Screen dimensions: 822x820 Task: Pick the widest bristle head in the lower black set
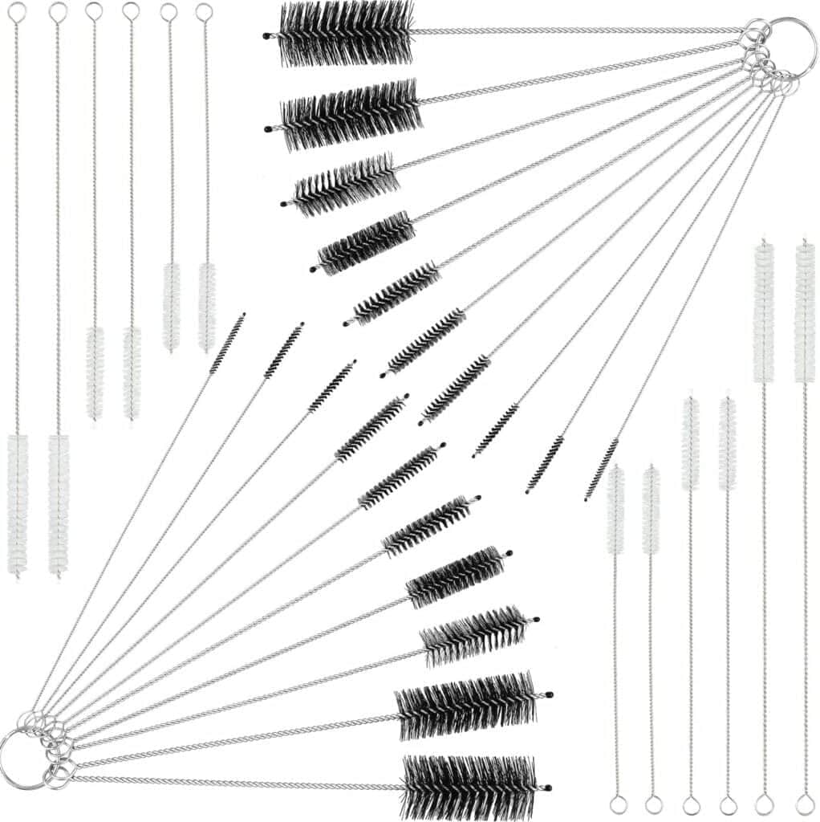tap(469, 787)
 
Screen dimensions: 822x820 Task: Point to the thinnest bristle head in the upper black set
tap(602, 469)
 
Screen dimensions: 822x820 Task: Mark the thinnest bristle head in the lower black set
tap(228, 344)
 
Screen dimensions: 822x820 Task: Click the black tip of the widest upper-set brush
tap(266, 35)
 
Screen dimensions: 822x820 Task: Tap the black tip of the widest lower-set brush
tap(548, 787)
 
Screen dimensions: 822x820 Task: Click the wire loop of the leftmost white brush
tap(16, 12)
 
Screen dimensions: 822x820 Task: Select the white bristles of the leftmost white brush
tap(18, 503)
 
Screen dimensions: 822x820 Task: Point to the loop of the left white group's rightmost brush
tap(205, 12)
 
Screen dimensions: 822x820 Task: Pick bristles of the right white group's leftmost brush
tap(615, 510)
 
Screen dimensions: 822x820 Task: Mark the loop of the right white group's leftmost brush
tap(616, 802)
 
